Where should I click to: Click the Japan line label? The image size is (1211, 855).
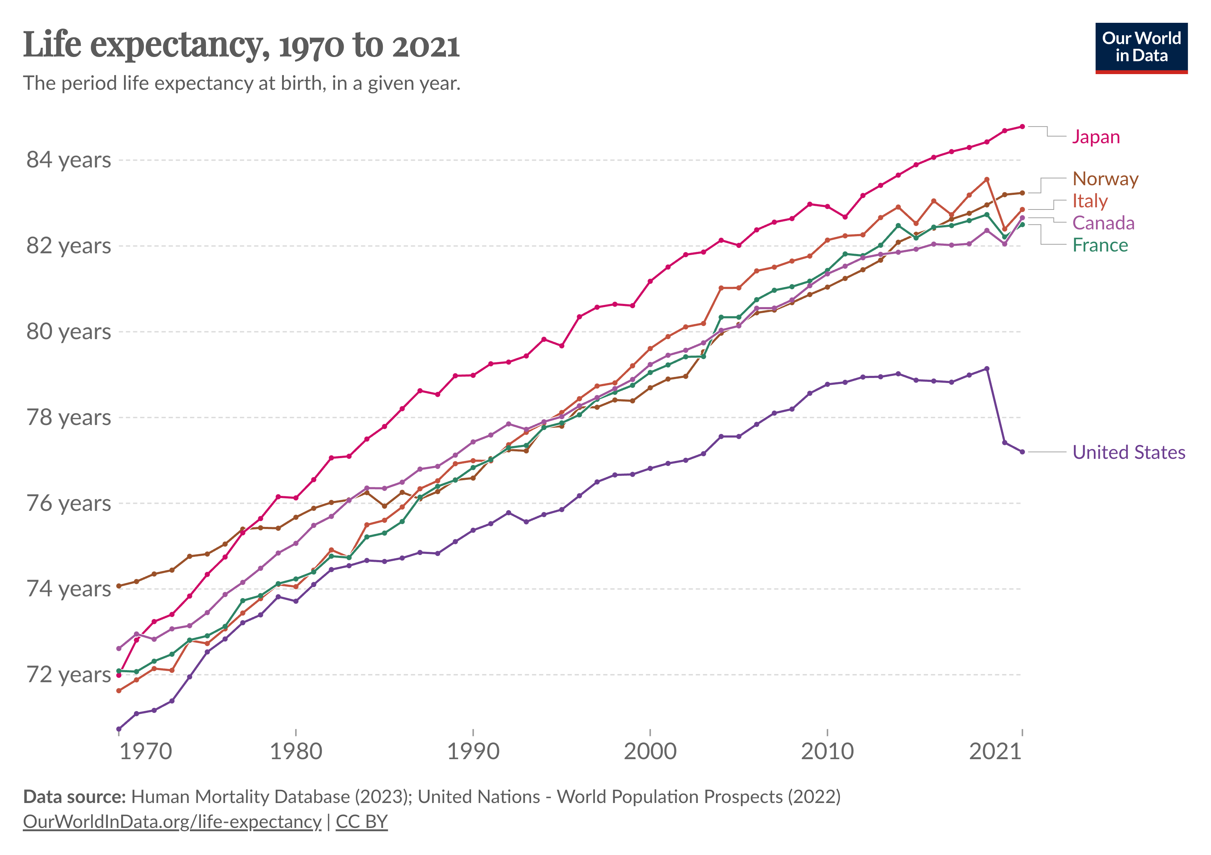click(1096, 137)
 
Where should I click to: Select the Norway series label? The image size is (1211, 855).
click(1105, 179)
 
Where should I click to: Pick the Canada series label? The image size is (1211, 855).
click(1103, 223)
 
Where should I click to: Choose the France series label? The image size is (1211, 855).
click(1100, 245)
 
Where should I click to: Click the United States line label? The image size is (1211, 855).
click(1129, 452)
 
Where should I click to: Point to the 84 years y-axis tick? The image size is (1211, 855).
click(69, 160)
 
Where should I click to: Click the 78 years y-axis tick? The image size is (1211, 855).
click(69, 418)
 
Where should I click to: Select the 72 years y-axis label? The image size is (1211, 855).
click(69, 675)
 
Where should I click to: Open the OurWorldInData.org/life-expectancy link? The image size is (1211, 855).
click(172, 822)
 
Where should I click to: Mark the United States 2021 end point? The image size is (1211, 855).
click(1022, 452)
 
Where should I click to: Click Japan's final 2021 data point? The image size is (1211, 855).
click(1022, 126)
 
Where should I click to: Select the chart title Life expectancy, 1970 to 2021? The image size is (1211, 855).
click(241, 45)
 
